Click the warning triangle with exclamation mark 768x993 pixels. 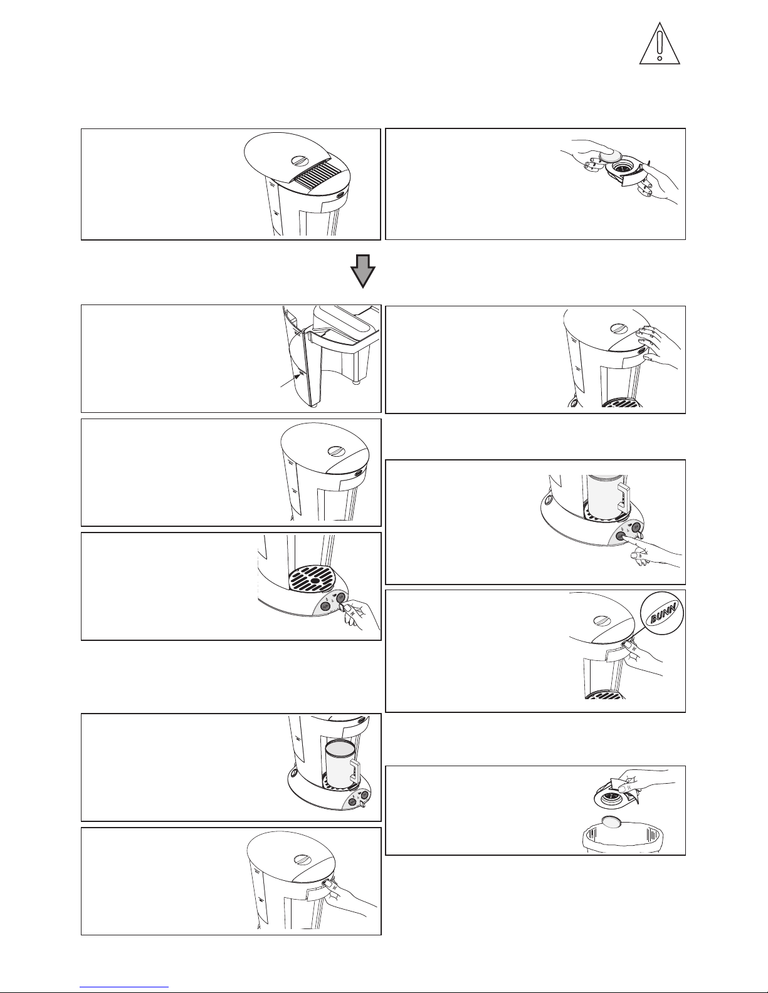click(659, 44)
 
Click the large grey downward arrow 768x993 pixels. click(362, 271)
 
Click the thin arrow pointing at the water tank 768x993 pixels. click(290, 380)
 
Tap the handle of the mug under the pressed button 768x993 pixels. click(624, 499)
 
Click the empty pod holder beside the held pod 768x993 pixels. click(626, 172)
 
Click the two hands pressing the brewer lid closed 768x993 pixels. click(656, 346)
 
